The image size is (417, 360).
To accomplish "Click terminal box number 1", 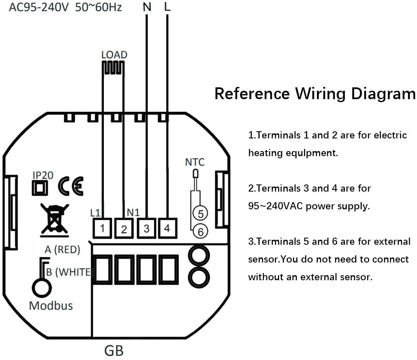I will (103, 228).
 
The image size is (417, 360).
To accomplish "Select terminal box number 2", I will (124, 229).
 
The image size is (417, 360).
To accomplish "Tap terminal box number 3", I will (146, 228).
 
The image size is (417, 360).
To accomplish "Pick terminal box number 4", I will (167, 228).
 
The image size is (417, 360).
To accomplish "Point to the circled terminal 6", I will (200, 231).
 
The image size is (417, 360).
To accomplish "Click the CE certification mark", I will (70, 186).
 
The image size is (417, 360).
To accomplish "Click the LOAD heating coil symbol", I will (114, 67).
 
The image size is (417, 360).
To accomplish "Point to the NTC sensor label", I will (195, 162).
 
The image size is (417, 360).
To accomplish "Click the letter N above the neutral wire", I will (147, 7).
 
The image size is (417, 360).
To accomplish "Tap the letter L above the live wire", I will (167, 7).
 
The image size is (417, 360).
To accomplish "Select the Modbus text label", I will (51, 306).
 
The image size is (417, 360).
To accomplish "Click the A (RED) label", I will (62, 250).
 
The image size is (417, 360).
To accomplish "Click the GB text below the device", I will (114, 350).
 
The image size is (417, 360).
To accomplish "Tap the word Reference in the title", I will (252, 93).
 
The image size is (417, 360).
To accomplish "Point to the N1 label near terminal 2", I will (133, 212).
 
